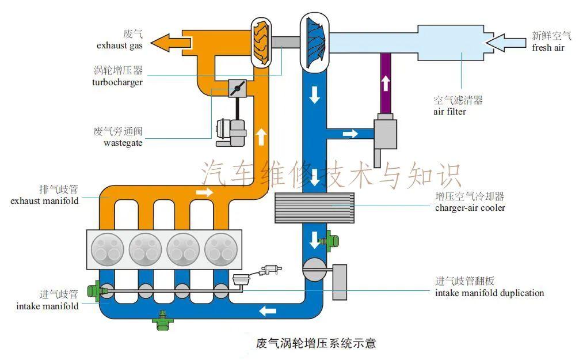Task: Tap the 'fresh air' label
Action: [x=548, y=48]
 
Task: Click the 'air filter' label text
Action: [x=449, y=112]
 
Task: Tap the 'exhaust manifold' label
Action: [x=45, y=201]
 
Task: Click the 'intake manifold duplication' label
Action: [x=490, y=293]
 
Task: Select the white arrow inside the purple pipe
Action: [x=385, y=84]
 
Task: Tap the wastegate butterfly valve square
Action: [x=237, y=88]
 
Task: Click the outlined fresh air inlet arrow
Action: [x=507, y=42]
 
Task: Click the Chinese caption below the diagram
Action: [x=315, y=343]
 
